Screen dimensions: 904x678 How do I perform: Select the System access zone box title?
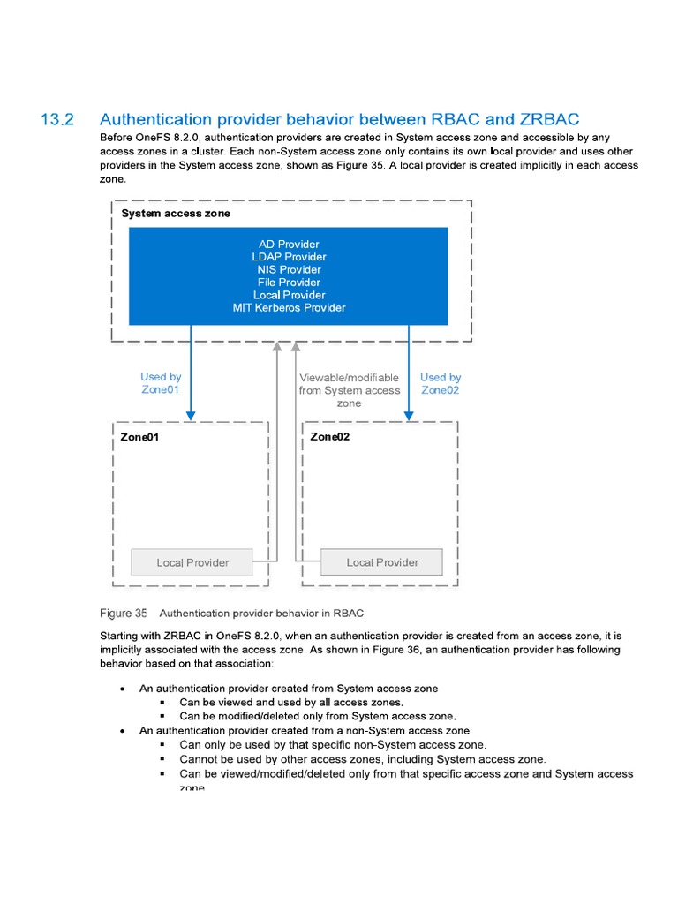[x=175, y=214]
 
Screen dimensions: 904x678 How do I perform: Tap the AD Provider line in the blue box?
[x=289, y=244]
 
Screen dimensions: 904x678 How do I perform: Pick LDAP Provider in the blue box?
[x=289, y=257]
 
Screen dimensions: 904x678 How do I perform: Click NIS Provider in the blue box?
[x=289, y=269]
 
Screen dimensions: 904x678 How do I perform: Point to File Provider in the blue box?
[x=289, y=282]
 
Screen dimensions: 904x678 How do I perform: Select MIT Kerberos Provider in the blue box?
[x=289, y=308]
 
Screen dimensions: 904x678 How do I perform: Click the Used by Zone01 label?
[x=161, y=383]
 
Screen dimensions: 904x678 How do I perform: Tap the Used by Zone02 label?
[x=440, y=383]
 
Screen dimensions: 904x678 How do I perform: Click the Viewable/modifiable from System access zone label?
[x=349, y=390]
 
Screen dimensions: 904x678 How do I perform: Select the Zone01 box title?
[x=139, y=437]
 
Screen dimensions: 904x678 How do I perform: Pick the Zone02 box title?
[x=329, y=437]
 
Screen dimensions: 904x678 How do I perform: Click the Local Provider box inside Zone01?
[x=192, y=562]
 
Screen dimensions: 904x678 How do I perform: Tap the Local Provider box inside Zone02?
[x=381, y=562]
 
